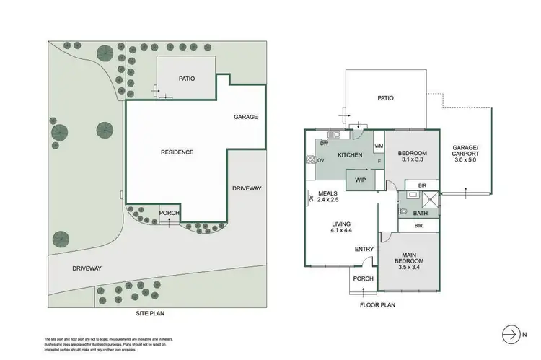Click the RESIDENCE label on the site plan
[177, 152]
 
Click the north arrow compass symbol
[510, 334]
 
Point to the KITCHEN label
[350, 155]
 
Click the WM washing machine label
[378, 146]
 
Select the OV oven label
[320, 160]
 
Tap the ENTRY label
[364, 250]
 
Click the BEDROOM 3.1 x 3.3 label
[413, 157]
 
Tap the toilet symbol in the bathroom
[404, 212]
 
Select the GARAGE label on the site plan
[245, 117]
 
